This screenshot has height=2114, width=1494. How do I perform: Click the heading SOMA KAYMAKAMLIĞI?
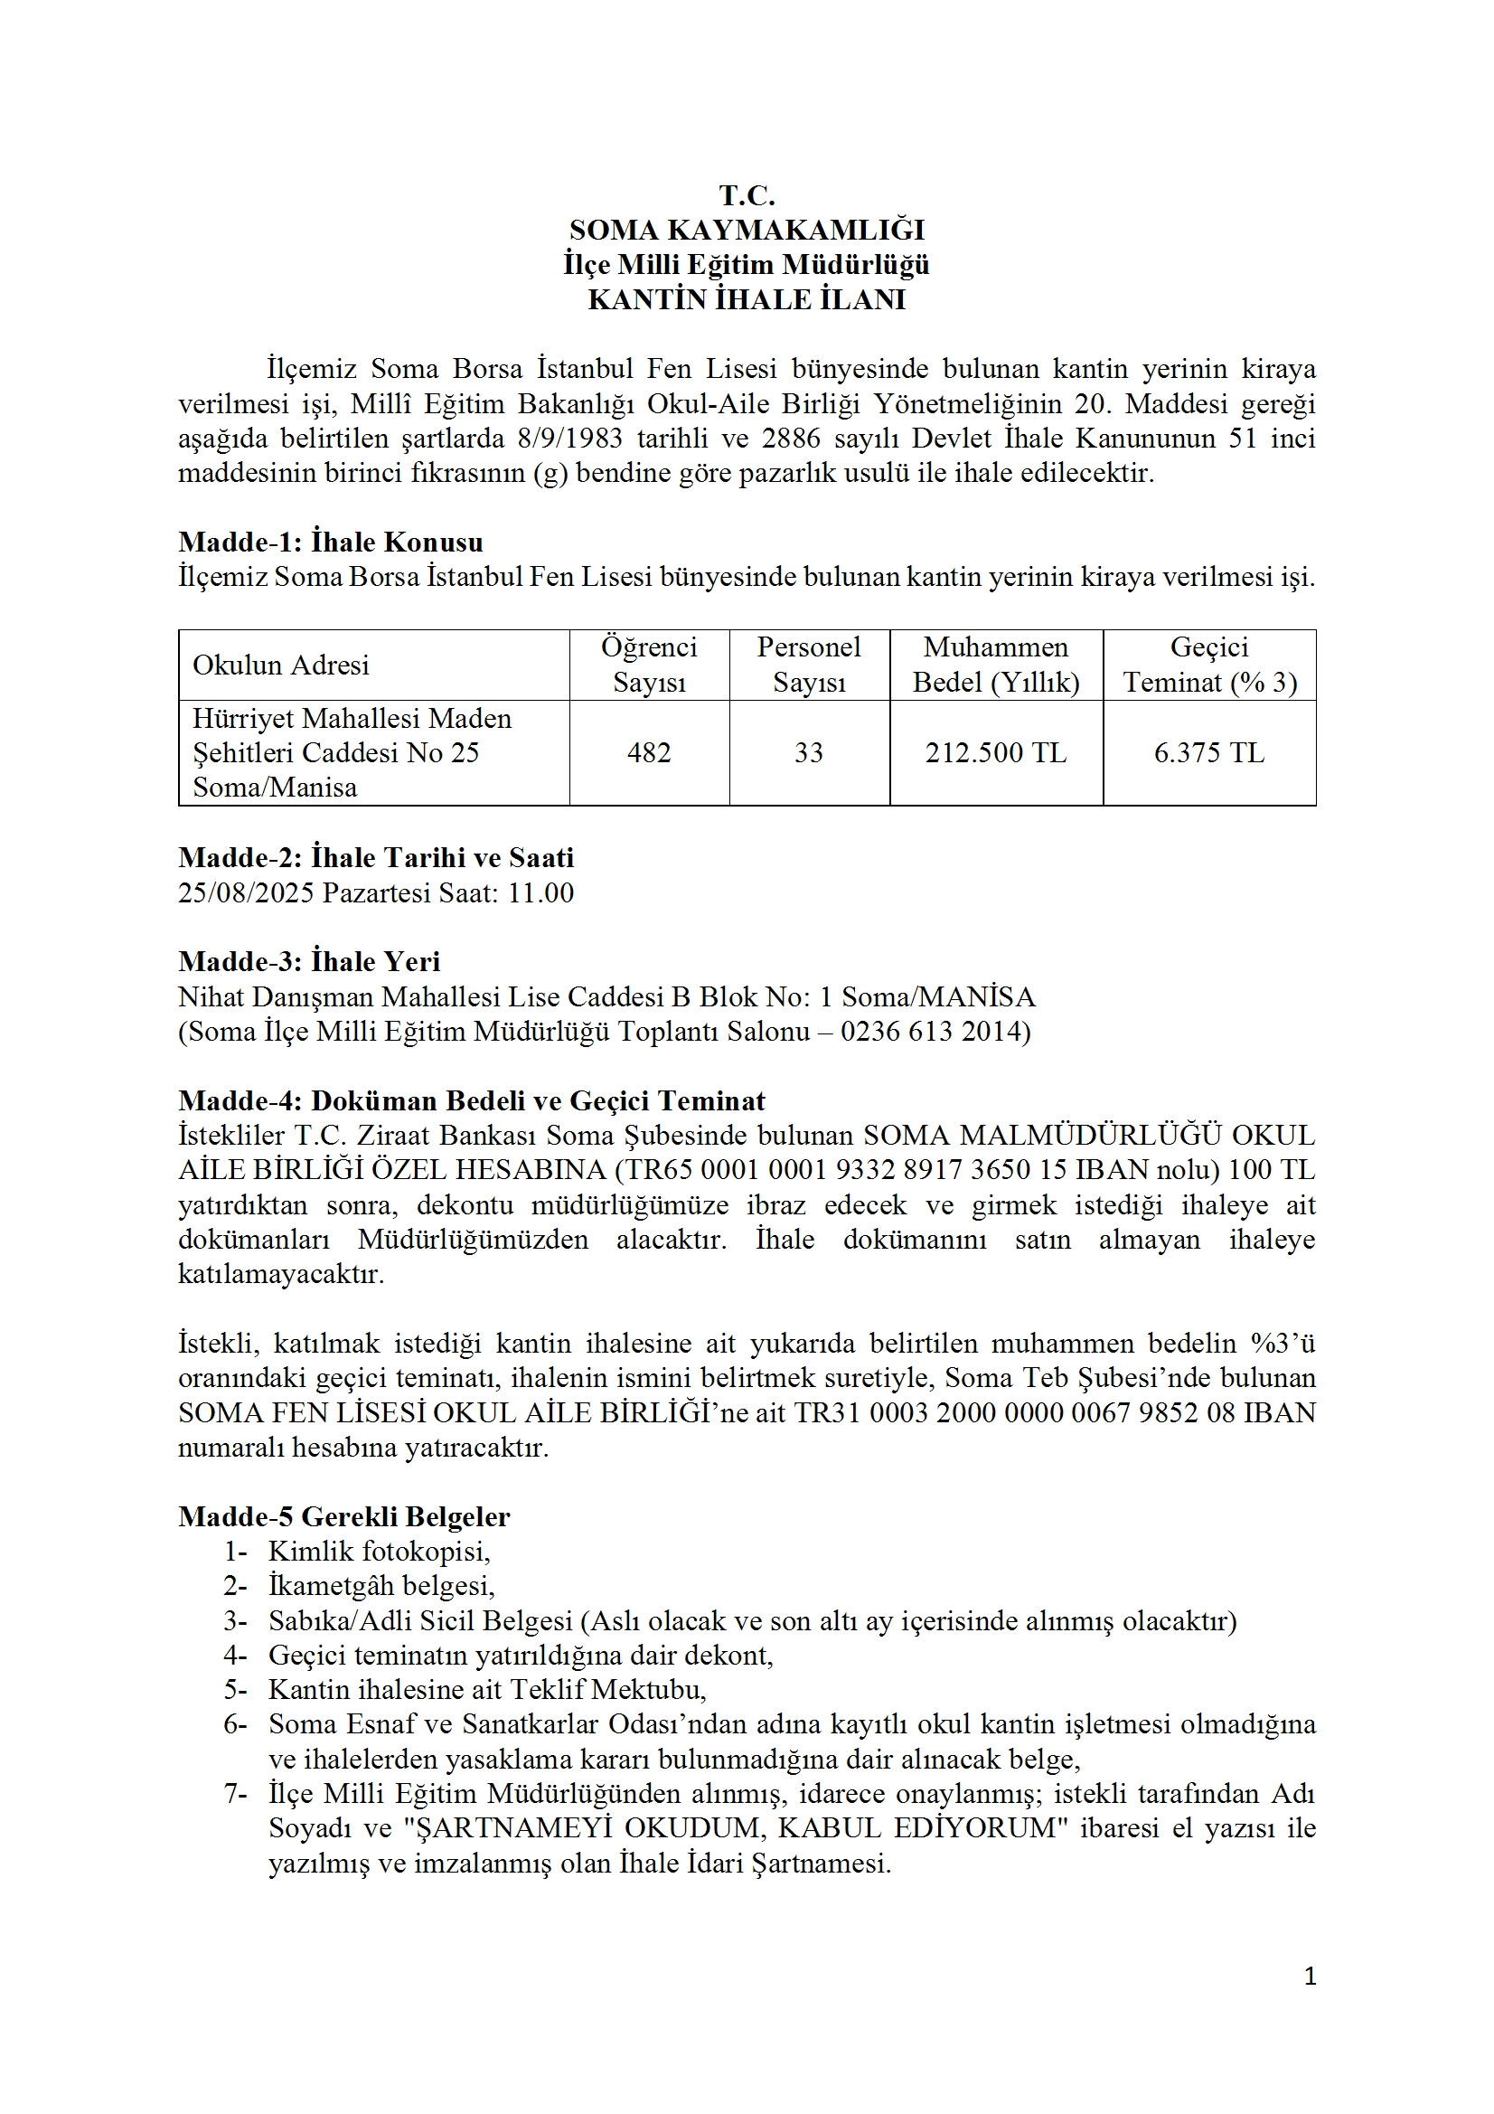(x=747, y=231)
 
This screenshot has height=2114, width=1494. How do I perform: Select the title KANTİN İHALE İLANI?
(x=747, y=300)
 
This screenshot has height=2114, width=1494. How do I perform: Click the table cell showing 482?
(x=649, y=753)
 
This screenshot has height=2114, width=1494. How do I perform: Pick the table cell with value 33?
(x=808, y=753)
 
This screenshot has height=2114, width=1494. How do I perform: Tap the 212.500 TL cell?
(x=996, y=753)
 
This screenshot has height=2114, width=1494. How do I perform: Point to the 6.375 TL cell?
(x=1208, y=753)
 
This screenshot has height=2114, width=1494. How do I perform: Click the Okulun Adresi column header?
(x=281, y=665)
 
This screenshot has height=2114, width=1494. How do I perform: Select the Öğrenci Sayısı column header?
(x=649, y=665)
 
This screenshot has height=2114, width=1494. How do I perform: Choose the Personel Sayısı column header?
(x=808, y=665)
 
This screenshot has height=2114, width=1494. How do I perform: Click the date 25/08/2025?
(x=246, y=893)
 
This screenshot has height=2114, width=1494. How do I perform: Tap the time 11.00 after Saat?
(x=540, y=893)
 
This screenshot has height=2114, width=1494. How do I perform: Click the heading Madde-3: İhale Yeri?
(x=309, y=962)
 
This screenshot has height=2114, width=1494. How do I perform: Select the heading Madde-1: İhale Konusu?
(x=331, y=543)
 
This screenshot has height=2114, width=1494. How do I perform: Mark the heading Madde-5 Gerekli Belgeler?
(x=344, y=1516)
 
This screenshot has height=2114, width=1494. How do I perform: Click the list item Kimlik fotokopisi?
(x=380, y=1552)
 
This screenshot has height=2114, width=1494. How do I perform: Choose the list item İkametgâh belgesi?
(x=381, y=1587)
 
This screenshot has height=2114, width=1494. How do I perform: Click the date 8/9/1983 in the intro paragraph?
(x=569, y=439)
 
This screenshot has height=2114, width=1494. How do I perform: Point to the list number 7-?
(x=235, y=1795)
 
